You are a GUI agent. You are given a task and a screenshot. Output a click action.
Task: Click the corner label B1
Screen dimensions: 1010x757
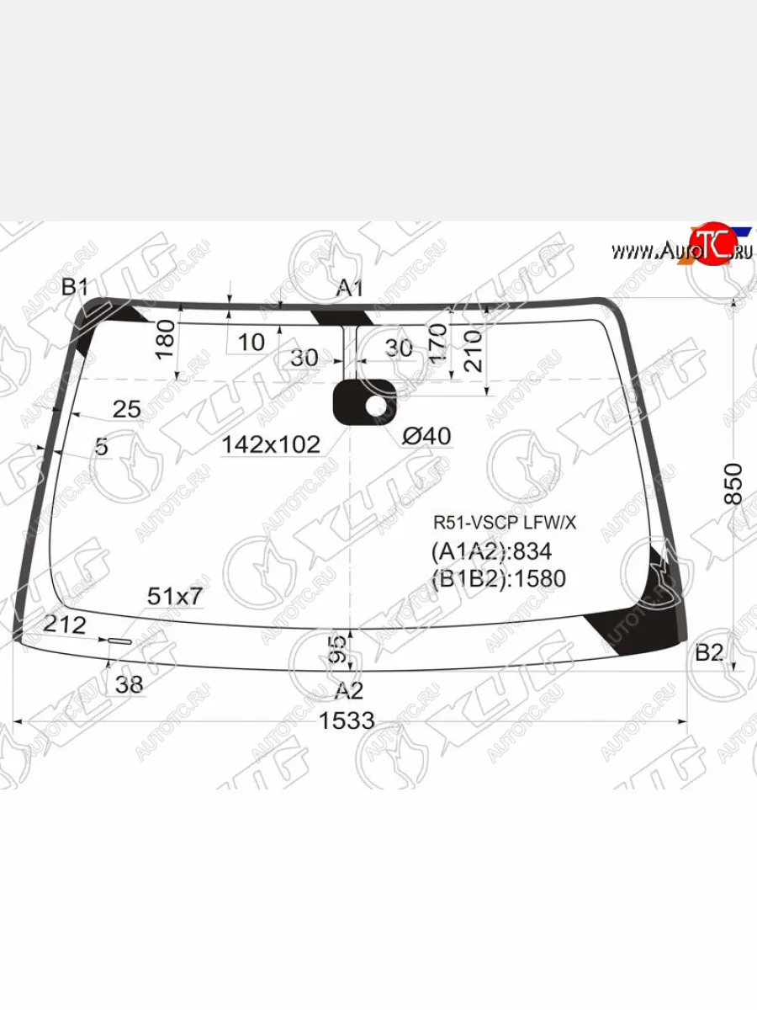75,288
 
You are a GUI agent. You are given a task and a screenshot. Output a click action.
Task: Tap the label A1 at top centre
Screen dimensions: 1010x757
349,289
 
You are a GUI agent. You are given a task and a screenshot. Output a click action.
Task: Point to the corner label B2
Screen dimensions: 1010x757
709,652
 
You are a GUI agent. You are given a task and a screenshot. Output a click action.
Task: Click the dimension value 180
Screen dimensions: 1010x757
166,338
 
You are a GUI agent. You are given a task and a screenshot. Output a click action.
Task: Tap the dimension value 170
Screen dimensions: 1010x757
437,343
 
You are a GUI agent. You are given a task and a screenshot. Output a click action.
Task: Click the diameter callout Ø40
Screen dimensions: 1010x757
426,436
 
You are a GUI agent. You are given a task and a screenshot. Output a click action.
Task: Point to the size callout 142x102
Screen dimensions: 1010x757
271,444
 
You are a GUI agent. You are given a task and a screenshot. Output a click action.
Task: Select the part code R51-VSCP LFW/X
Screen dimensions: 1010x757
505,522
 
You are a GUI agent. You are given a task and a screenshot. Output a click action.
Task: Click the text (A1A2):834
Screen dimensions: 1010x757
491,551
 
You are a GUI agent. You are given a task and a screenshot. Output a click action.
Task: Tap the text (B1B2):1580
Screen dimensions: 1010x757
498,578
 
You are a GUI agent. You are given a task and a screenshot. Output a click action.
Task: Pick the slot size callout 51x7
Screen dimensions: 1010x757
175,597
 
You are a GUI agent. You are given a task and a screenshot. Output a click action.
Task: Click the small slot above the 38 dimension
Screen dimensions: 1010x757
119,641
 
